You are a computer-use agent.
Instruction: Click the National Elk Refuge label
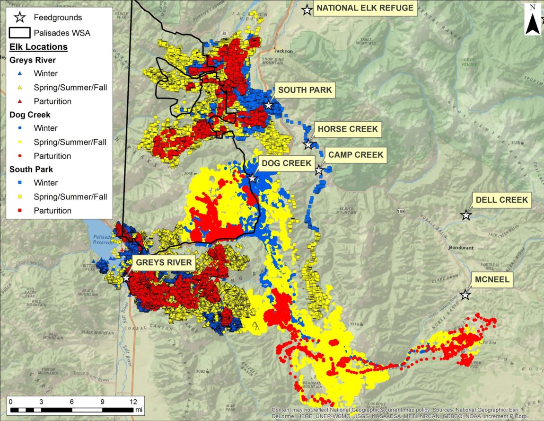tap(365, 8)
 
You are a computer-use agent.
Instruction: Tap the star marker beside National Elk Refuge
tap(307, 9)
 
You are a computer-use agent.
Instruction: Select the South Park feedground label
tap(305, 90)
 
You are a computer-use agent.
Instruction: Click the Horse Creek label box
tap(348, 129)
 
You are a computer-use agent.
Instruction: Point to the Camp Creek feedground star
tap(319, 170)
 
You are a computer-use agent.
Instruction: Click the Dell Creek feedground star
tap(466, 215)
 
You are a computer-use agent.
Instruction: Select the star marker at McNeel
tap(465, 295)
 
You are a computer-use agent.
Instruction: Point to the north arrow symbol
tap(533, 21)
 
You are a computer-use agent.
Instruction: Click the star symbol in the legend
tap(20, 18)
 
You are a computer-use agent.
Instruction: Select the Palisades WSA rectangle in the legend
tap(20, 33)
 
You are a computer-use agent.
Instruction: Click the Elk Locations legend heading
tap(38, 47)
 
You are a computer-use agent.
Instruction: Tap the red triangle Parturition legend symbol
tap(19, 101)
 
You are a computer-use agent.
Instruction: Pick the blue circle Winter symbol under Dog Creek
tap(19, 128)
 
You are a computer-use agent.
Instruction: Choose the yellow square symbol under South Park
tap(19, 197)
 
